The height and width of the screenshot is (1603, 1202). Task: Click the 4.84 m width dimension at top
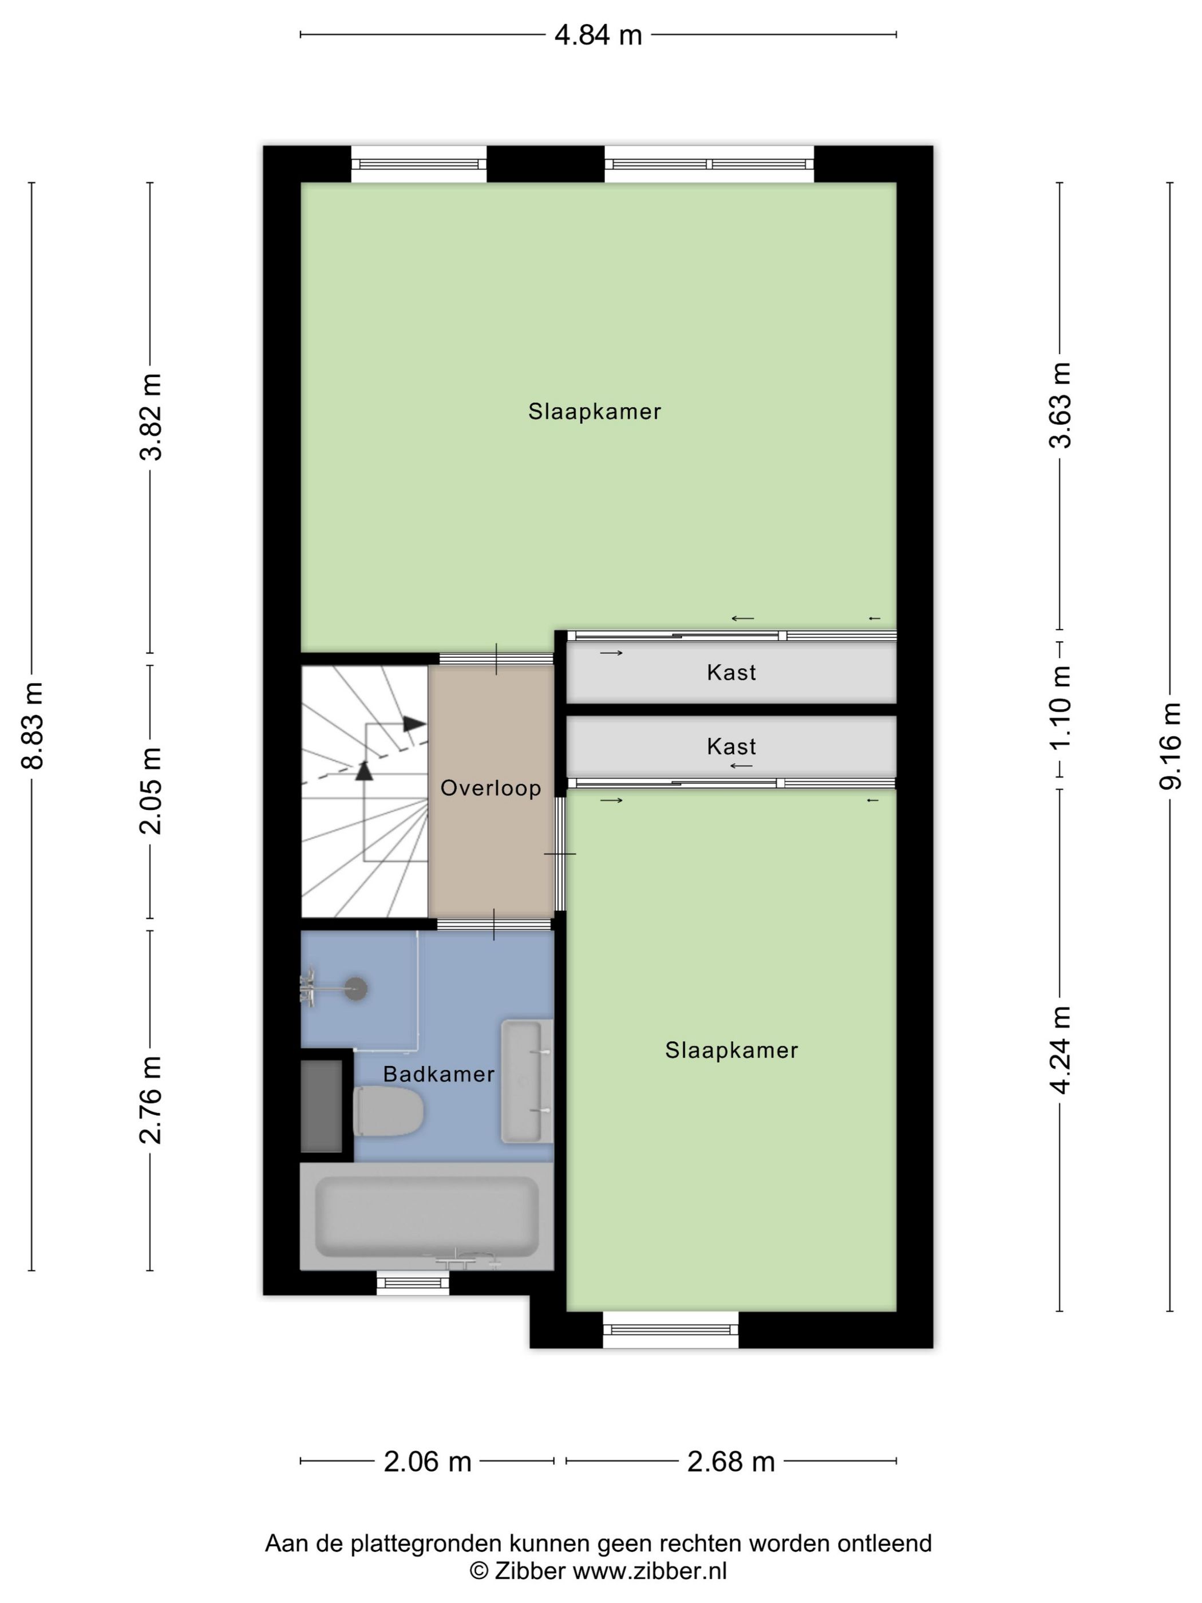click(x=598, y=35)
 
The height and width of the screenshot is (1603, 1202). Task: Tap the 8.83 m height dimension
click(x=33, y=725)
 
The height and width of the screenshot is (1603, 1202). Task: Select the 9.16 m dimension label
click(x=1169, y=746)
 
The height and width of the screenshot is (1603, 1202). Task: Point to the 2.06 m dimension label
click(x=428, y=1462)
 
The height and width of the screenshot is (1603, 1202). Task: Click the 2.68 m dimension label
click(x=730, y=1462)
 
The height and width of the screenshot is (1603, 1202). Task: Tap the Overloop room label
click(x=491, y=788)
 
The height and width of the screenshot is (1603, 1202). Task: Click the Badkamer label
click(x=438, y=1074)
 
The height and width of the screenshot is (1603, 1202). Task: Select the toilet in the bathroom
click(x=388, y=1111)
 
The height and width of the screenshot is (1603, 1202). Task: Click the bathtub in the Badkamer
click(x=427, y=1217)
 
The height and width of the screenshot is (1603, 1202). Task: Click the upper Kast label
click(x=731, y=673)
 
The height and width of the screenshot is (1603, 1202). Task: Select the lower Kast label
click(x=731, y=747)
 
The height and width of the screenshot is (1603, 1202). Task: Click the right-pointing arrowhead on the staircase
click(x=414, y=723)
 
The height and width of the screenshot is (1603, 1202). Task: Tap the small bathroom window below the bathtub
click(x=413, y=1284)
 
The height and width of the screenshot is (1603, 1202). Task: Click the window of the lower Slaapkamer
click(x=671, y=1329)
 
